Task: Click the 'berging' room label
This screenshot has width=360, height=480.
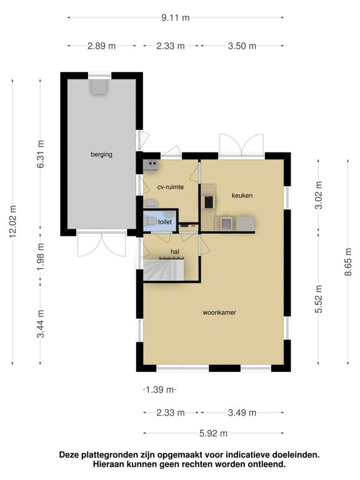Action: (x=101, y=154)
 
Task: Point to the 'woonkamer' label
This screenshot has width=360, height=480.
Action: (x=219, y=312)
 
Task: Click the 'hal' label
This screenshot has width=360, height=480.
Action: (x=175, y=252)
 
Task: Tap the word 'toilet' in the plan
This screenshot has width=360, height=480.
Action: (x=164, y=222)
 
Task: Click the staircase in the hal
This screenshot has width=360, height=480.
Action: (x=162, y=271)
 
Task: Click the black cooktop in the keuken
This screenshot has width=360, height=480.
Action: (x=208, y=201)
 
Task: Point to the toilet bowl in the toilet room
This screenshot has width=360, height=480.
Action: (x=149, y=222)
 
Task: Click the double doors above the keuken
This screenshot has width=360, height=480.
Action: (x=241, y=145)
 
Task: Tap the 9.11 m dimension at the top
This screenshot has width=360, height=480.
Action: (x=176, y=17)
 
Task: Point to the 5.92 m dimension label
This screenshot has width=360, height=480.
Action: (x=213, y=432)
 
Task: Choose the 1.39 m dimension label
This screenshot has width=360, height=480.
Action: (x=160, y=390)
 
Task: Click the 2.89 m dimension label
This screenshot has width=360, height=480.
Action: (x=101, y=46)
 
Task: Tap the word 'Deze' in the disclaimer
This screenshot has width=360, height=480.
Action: (x=70, y=455)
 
